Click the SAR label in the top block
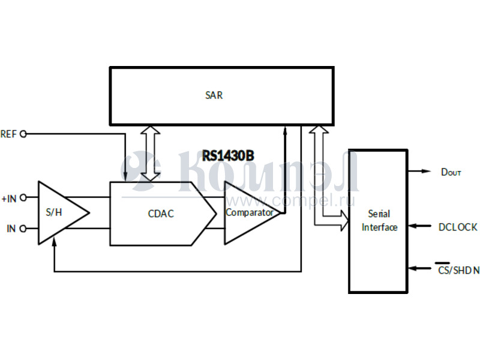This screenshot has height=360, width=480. (x=214, y=95)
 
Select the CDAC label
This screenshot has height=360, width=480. (x=161, y=213)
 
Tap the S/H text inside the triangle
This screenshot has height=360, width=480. (x=54, y=213)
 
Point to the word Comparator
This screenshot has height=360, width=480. (x=250, y=212)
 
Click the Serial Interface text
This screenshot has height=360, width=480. (x=379, y=220)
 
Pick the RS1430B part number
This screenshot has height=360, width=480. (x=228, y=156)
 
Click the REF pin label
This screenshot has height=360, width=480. (x=8, y=134)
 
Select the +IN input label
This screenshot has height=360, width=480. (x=9, y=198)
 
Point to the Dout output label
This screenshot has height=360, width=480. (x=451, y=172)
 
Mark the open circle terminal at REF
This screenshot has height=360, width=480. (x=23, y=134)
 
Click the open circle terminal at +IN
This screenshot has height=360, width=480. (x=23, y=198)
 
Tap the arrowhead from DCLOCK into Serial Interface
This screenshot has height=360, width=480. (x=412, y=227)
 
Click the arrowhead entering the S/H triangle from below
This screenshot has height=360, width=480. (x=55, y=242)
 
